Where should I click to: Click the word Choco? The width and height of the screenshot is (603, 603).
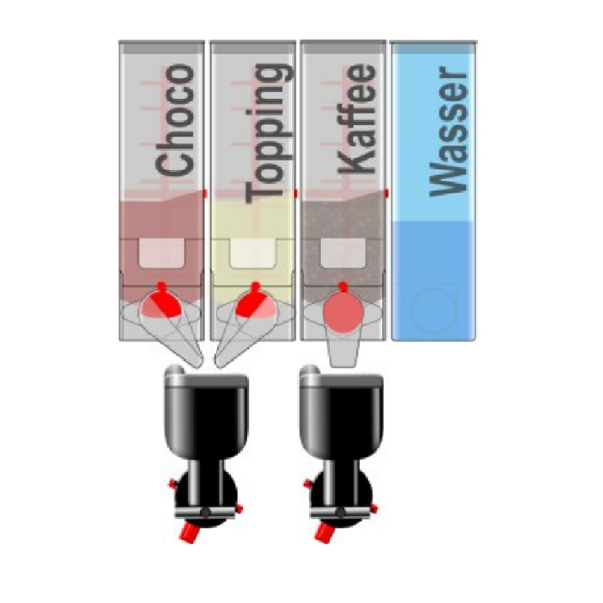pos(174,120)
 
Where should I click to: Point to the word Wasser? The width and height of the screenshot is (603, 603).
pos(448,131)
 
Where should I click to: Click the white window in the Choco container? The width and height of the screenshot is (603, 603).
pos(161,253)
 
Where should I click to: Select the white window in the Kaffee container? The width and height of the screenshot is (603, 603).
pos(343,253)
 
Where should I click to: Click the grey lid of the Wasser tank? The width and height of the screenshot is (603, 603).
pos(434,47)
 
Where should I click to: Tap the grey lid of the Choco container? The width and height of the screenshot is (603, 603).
pos(161,47)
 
